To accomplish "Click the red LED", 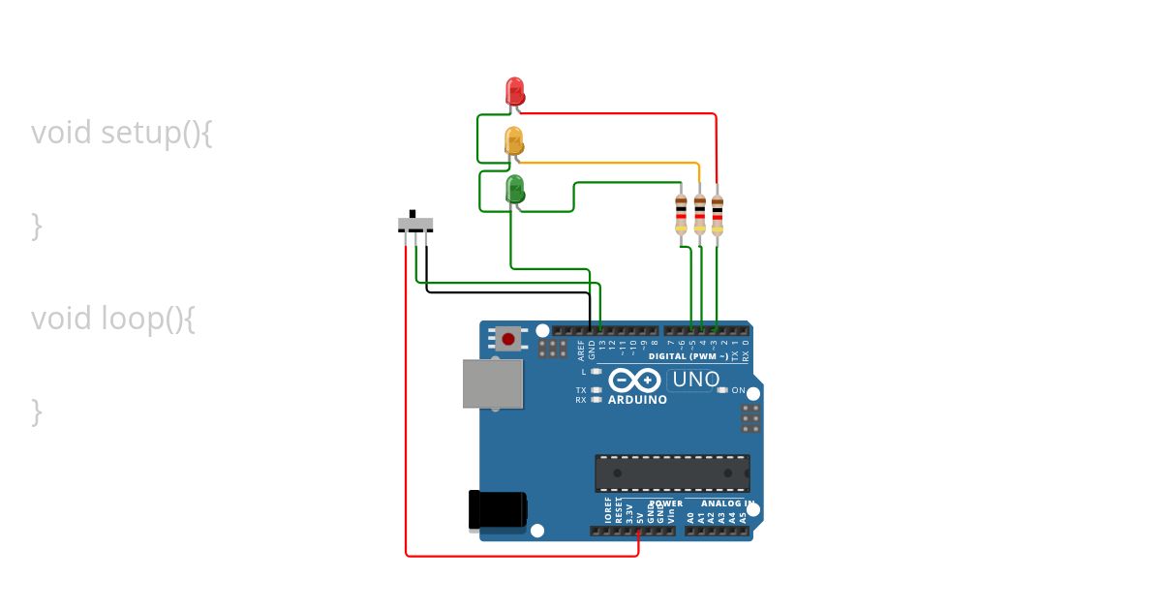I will [x=515, y=91].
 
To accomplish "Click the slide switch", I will [x=415, y=225].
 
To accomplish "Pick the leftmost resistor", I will [x=682, y=215].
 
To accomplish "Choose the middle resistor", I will [x=699, y=215].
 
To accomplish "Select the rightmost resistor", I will [x=717, y=215].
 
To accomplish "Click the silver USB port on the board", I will [x=493, y=383].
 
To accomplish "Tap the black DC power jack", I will [x=498, y=509].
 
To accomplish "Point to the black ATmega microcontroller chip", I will [x=672, y=473].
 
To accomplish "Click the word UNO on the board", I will [x=695, y=380].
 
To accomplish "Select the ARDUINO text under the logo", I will [x=637, y=400].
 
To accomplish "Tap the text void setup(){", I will [x=121, y=132].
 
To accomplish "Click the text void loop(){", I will [x=113, y=318].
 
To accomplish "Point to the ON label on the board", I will [x=739, y=390].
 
